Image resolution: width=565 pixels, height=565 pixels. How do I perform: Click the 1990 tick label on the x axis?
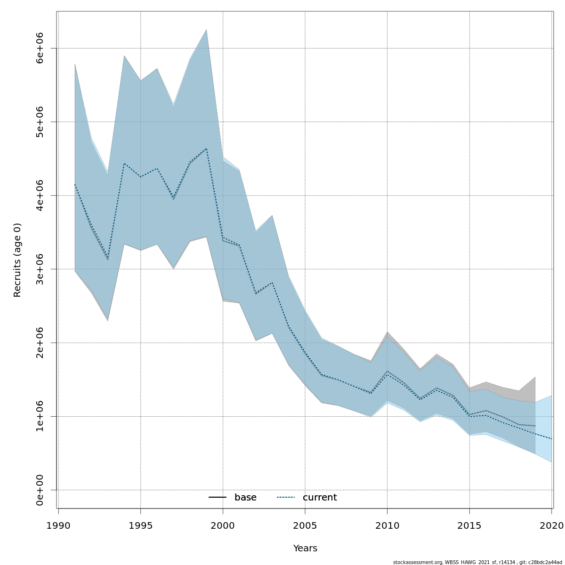click(x=58, y=525)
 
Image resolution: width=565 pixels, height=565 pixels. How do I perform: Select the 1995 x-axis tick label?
click(x=140, y=525)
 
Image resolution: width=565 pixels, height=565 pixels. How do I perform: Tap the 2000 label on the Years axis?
click(x=223, y=525)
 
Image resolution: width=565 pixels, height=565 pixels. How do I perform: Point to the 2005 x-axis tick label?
click(x=305, y=525)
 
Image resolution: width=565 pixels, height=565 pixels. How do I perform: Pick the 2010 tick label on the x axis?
click(x=387, y=525)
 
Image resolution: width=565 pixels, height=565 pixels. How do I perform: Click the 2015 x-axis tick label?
click(x=469, y=525)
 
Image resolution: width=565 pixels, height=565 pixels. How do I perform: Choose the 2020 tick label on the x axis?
click(x=551, y=525)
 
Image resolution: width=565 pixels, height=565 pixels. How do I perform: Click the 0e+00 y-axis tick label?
click(x=40, y=490)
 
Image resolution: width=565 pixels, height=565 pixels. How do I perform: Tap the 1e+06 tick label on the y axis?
click(x=40, y=416)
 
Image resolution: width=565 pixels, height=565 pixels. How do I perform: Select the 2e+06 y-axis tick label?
click(x=40, y=343)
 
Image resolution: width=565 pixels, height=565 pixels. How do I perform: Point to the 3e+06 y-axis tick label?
click(x=40, y=269)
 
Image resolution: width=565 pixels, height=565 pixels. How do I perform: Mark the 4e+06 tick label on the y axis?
click(x=40, y=195)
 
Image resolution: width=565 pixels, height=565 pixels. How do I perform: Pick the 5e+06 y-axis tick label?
click(x=40, y=121)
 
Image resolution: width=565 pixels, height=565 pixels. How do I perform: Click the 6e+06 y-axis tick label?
click(x=40, y=48)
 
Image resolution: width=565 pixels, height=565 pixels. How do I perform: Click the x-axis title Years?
click(x=305, y=549)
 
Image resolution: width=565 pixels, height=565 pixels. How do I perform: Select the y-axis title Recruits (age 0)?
click(x=17, y=260)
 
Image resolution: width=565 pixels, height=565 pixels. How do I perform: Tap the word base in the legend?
click(x=245, y=498)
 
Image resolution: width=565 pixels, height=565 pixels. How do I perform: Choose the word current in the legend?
click(x=320, y=498)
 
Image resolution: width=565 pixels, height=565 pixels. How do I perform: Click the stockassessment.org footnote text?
click(x=478, y=562)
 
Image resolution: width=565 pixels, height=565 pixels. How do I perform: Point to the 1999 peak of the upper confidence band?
click(x=206, y=30)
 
